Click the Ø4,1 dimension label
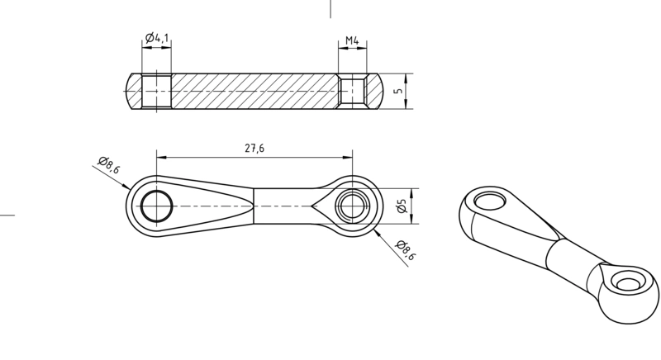coord(157,38)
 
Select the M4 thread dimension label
coord(352,40)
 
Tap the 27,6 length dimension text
coord(254,148)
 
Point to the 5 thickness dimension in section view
coord(400,91)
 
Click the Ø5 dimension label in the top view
coord(402,206)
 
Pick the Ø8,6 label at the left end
coord(109,164)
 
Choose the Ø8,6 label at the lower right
coord(406,249)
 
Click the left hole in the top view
coord(157,206)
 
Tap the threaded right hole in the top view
coord(353,206)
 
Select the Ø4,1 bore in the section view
coord(157,91)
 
